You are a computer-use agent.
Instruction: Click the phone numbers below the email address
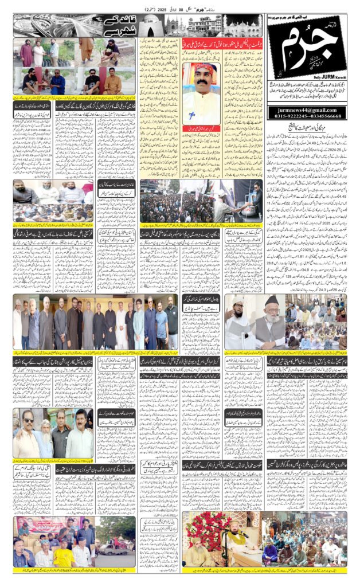tap(307, 116)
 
